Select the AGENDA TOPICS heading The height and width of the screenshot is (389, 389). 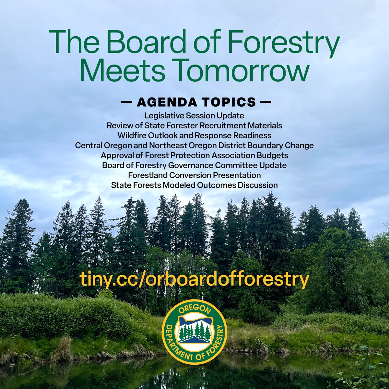(196, 102)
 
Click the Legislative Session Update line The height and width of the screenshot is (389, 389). (194, 115)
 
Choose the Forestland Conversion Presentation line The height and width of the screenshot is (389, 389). (194, 175)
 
